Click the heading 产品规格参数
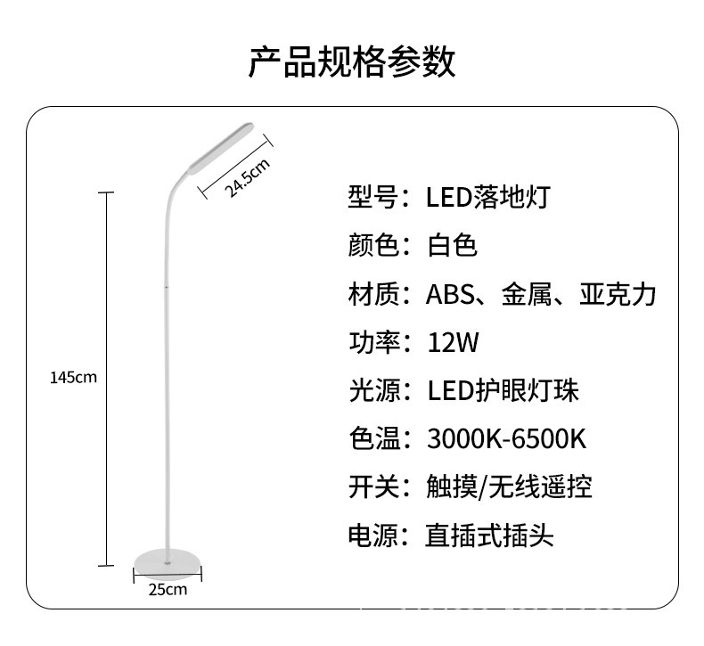[x=352, y=62]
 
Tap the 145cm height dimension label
[x=73, y=377]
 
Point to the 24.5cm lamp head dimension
[x=247, y=176]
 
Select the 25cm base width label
[x=167, y=590]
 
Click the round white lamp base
[x=167, y=560]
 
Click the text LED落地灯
[x=488, y=196]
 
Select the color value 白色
[x=453, y=245]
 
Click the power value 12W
[x=453, y=342]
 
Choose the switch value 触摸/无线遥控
[x=509, y=487]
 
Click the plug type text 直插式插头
[x=489, y=536]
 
